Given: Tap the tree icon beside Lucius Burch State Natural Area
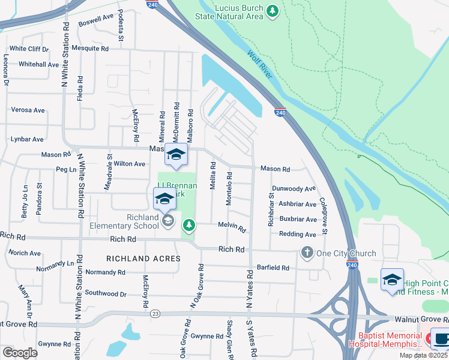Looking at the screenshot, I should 273,11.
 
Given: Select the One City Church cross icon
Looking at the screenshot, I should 307,253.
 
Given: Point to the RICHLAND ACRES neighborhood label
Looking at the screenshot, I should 143,259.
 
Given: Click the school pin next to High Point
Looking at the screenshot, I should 392,279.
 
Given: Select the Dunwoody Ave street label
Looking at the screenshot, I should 293,188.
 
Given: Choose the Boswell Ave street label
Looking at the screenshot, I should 95,18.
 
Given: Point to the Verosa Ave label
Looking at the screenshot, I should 28,110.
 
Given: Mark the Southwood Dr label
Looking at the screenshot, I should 106,294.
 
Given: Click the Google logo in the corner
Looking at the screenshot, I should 20,352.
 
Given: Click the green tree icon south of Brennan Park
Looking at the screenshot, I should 189,225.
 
